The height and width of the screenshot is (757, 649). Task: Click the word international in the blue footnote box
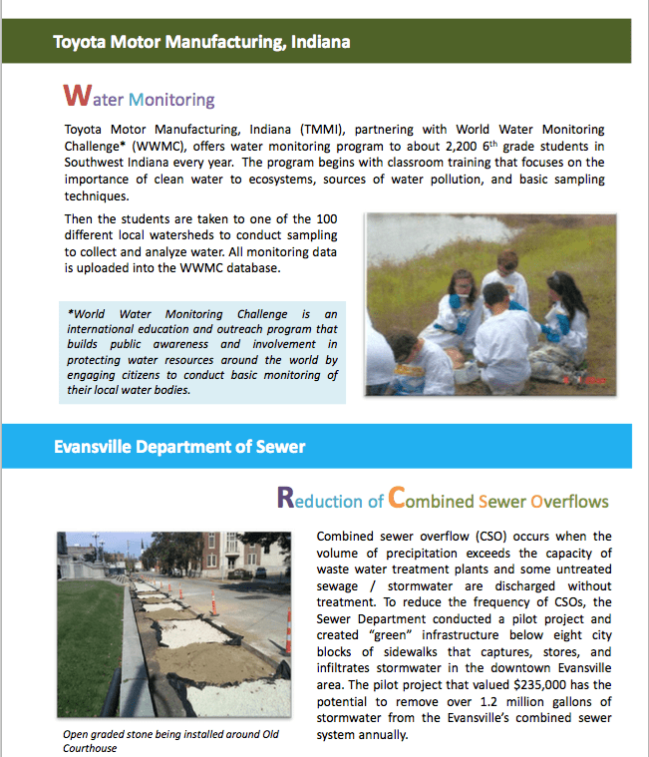coord(106,329)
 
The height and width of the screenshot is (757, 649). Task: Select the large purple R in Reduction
coord(285,498)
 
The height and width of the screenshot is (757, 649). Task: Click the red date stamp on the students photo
coord(577,381)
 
